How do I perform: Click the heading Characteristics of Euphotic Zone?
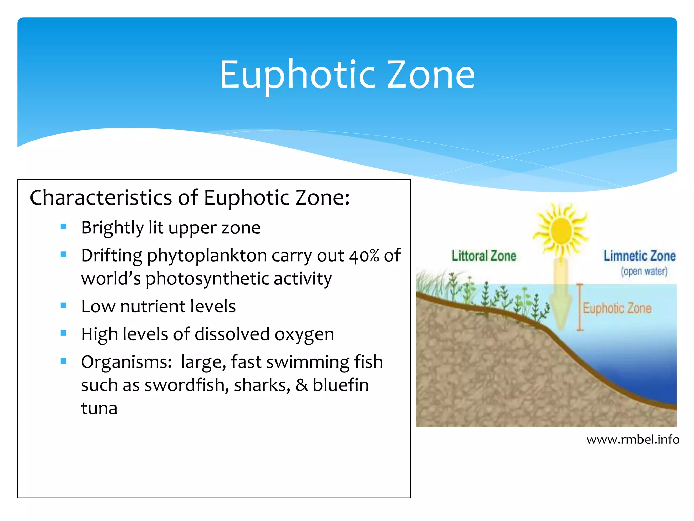click(x=190, y=197)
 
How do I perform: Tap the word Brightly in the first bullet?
click(x=112, y=228)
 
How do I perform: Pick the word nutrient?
click(x=152, y=306)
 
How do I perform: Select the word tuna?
click(x=99, y=408)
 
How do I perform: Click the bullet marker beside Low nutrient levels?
click(x=63, y=305)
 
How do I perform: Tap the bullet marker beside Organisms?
click(x=63, y=361)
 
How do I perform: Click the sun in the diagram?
click(x=561, y=231)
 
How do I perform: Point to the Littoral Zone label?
click(x=484, y=256)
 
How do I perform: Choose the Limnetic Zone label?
click(x=639, y=256)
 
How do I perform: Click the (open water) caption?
click(x=644, y=271)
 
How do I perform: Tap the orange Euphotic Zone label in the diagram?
click(x=617, y=308)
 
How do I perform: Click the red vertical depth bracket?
click(x=580, y=307)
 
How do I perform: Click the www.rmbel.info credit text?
click(x=633, y=440)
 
